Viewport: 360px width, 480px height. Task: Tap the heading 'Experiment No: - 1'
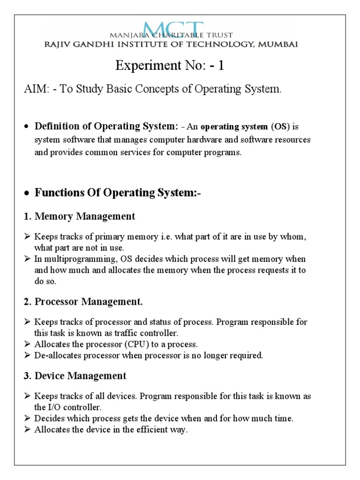[170, 66]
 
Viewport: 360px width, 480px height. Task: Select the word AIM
[34, 89]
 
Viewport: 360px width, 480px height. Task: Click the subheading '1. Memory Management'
[80, 216]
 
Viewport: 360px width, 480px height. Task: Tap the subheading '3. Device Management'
[75, 375]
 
